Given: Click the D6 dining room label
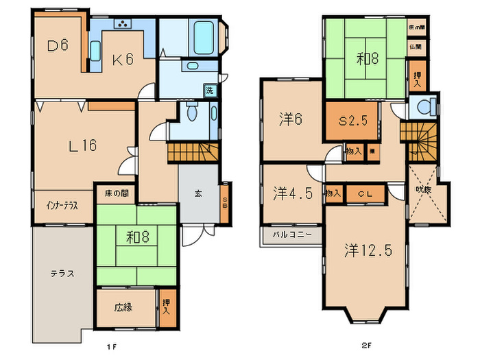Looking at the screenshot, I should tap(58, 46).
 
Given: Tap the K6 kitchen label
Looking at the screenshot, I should tap(122, 60).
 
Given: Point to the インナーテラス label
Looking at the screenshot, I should tap(61, 204).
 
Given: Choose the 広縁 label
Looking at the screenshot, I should tap(123, 307).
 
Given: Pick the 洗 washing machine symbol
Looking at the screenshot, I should tap(209, 90).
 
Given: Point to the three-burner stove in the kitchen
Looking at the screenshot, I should tap(123, 25).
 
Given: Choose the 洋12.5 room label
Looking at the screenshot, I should tap(368, 250).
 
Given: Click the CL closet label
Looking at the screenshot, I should tap(365, 195).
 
